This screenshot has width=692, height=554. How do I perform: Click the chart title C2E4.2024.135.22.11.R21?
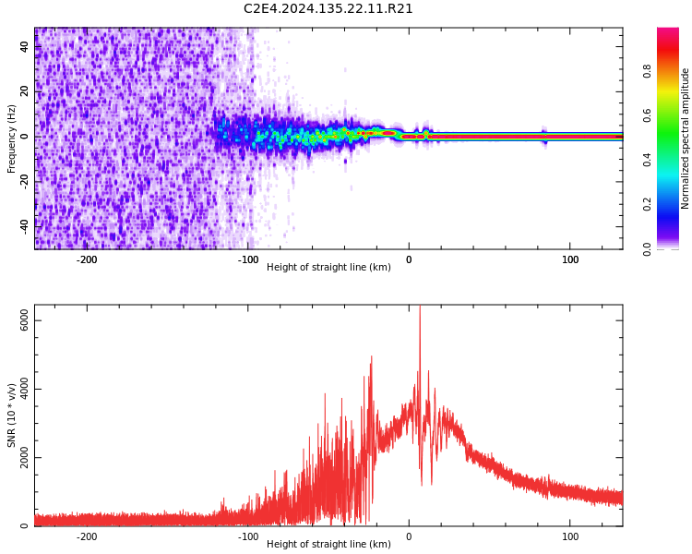[328, 9]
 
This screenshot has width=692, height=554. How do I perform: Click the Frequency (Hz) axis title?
[12, 138]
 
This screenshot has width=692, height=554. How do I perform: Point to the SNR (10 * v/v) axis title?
[12, 415]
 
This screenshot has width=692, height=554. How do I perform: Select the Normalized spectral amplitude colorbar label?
[686, 138]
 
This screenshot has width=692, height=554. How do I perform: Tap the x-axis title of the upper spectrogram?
[328, 267]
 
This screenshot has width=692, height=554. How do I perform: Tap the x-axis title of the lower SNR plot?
[328, 544]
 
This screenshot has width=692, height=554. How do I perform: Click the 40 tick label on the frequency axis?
[25, 48]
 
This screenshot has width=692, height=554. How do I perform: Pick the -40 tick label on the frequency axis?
[23, 225]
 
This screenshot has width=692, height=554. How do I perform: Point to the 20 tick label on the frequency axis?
[25, 92]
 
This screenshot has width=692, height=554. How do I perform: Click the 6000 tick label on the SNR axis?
[25, 321]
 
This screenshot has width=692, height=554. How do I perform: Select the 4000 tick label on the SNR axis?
[25, 390]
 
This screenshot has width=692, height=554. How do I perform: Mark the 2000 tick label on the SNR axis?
[25, 458]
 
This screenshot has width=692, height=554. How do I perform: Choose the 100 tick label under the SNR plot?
[570, 536]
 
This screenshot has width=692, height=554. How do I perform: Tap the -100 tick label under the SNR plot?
[247, 536]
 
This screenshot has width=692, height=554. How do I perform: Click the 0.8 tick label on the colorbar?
[648, 71]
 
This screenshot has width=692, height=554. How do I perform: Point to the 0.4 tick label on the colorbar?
[648, 160]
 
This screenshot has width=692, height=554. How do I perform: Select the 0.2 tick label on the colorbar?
[648, 204]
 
